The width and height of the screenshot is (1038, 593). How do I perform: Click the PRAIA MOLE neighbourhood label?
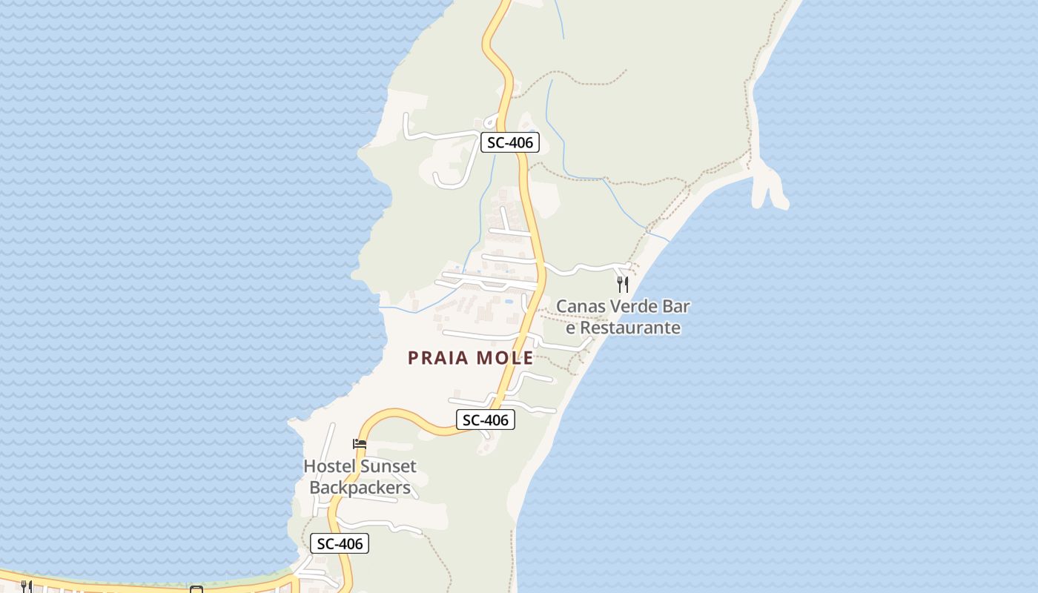470,358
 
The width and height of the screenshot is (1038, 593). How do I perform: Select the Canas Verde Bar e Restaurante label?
623,317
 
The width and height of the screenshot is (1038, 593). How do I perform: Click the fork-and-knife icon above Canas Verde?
623,283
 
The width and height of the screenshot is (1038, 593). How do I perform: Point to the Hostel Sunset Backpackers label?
360,477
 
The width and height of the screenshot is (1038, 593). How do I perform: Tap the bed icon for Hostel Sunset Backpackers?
360,444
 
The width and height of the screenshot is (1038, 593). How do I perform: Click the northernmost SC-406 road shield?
509,142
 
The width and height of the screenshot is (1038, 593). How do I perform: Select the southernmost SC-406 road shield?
340,543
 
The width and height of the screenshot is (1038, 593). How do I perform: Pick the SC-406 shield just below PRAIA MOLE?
485,420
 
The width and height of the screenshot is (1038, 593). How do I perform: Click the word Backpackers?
360,488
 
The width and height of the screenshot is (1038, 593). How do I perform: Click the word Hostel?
329,466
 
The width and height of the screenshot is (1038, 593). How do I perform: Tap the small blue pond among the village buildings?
508,302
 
